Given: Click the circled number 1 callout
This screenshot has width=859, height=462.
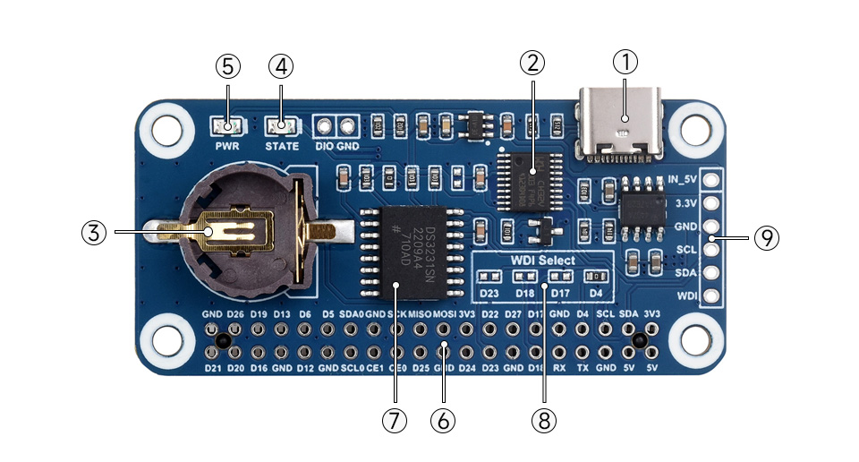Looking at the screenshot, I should coord(625,64).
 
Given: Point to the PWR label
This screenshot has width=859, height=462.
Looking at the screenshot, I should coord(227,145).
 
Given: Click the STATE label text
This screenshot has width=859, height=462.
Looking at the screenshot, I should coord(282,145).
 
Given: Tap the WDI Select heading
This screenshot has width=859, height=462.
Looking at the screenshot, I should coord(543,261).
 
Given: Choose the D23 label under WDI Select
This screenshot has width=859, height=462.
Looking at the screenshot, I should coord(489,292).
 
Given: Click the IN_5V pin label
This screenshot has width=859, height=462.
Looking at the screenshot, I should coord(684,179).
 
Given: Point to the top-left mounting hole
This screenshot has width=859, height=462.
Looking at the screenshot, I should coord(166,127).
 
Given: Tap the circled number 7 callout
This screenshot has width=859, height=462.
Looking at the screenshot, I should coord(395,420).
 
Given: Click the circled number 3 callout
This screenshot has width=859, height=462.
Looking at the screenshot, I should coord(94,232).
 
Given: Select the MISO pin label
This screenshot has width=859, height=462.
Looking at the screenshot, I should coord(420,315).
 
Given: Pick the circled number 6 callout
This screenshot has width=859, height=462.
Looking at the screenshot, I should coord(443,420).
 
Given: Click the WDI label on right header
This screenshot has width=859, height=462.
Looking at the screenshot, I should coord(685,295).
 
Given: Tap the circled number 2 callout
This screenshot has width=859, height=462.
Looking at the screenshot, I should coord(532,64).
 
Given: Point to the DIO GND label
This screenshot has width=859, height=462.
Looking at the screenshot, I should coord(336,145).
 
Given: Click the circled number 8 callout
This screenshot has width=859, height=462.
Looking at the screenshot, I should coord(543,420).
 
